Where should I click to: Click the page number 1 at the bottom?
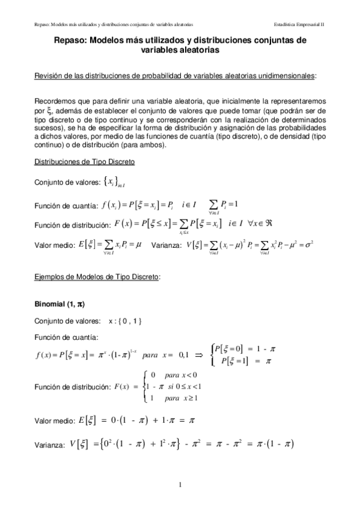point(180,484)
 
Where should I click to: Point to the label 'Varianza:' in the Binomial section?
point(50,446)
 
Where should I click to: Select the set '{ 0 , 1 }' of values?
point(125,321)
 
